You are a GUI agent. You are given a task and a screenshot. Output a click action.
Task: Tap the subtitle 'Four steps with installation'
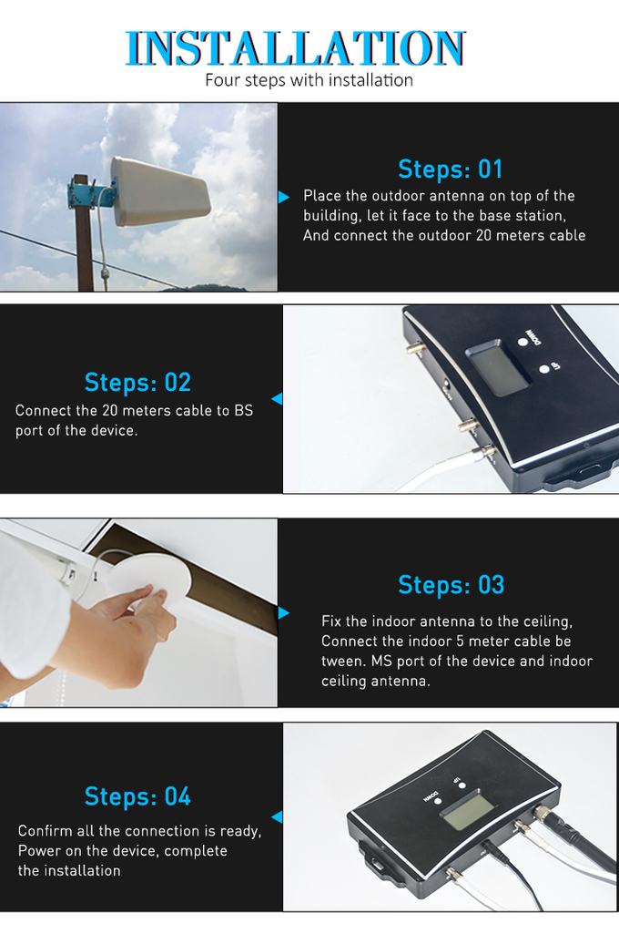click(309, 80)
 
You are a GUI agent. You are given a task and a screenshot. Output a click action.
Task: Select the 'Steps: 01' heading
click(450, 169)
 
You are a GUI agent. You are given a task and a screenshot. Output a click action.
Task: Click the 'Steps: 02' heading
click(137, 383)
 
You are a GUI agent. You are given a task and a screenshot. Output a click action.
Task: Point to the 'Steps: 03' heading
click(452, 585)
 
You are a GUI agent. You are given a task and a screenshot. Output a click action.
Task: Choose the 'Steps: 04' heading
click(137, 796)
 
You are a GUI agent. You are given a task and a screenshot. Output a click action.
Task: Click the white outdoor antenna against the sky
click(159, 191)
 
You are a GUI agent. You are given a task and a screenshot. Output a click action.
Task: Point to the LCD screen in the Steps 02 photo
click(496, 367)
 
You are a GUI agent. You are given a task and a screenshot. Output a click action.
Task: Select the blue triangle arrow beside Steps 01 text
click(284, 197)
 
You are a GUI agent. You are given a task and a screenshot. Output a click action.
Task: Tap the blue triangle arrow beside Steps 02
click(277, 398)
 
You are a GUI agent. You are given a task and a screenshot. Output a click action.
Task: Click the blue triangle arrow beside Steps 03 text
click(284, 613)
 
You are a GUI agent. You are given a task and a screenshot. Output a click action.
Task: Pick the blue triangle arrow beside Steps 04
click(277, 816)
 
